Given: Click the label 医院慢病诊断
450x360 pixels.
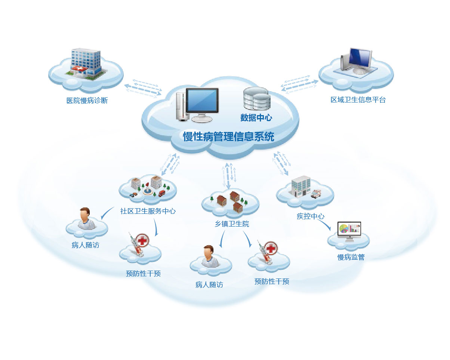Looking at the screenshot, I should tap(87, 101).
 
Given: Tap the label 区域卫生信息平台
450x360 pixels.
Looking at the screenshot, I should tap(358, 100).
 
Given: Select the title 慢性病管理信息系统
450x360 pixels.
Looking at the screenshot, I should tap(228, 136).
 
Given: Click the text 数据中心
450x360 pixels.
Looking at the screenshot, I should tap(256, 118).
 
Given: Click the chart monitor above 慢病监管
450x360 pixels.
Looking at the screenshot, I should tap(349, 231).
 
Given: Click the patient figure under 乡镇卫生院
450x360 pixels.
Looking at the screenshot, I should tap(209, 256).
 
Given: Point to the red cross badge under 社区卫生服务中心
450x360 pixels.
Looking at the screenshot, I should tap(142, 240).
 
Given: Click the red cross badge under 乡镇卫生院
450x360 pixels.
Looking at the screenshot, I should tap(270, 247).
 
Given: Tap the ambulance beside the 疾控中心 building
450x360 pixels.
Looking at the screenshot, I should tap(316, 193).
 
